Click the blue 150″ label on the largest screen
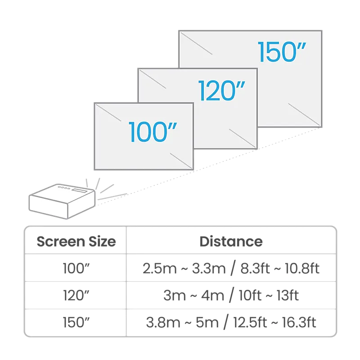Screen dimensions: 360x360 pyautogui.click(x=282, y=52)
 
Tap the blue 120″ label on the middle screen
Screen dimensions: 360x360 pyautogui.click(x=221, y=91)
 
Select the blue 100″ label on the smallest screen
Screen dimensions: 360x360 pyautogui.click(x=153, y=132)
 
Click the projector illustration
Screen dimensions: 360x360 pyautogui.click(x=62, y=201)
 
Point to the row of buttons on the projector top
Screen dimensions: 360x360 pyautogui.click(x=64, y=188)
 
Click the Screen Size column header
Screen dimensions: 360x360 pyautogui.click(x=76, y=242)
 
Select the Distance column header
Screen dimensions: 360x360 pyautogui.click(x=231, y=242)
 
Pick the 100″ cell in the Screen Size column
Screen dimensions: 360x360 pyautogui.click(x=76, y=268)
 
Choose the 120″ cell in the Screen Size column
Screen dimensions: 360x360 pyautogui.click(x=76, y=295)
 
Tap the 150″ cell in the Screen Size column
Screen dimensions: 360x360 pyautogui.click(x=76, y=322)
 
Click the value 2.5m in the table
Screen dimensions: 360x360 pyautogui.click(x=160, y=268)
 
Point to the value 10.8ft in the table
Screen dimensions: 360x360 pyautogui.click(x=302, y=268)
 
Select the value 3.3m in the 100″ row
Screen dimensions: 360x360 pyautogui.click(x=209, y=268)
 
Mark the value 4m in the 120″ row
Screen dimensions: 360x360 pyautogui.click(x=213, y=296)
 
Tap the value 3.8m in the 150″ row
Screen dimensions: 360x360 pyautogui.click(x=163, y=323)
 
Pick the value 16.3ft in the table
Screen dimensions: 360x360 pyautogui.click(x=299, y=322)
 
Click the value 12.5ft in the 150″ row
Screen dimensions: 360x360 pyautogui.click(x=250, y=322)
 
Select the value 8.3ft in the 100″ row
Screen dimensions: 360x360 pyautogui.click(x=255, y=268)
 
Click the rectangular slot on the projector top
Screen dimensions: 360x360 pyautogui.click(x=80, y=191)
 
